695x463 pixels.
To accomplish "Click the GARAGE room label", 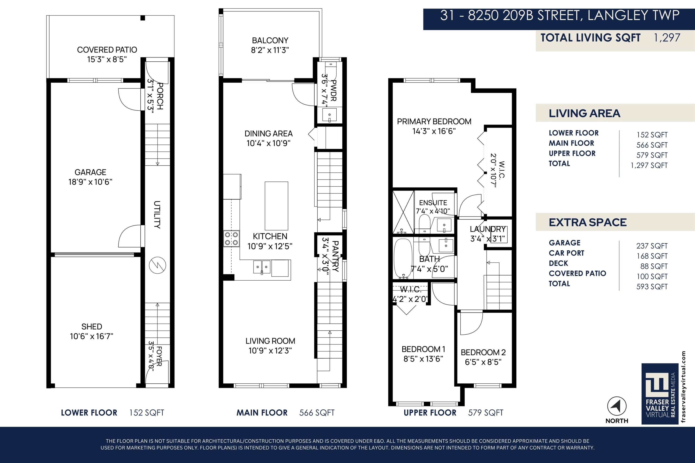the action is tap(90, 172).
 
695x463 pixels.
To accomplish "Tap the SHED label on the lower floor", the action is tap(92, 327).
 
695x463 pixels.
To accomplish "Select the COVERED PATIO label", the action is tap(107, 50).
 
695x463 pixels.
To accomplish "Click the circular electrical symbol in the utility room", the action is tap(158, 265).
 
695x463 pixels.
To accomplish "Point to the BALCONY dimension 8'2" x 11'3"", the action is tap(270, 50).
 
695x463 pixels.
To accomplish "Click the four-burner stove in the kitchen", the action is tap(231, 239).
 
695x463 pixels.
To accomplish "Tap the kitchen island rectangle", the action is tap(276, 206).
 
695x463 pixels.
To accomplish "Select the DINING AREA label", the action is tap(269, 134).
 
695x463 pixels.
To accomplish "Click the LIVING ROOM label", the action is tap(270, 341).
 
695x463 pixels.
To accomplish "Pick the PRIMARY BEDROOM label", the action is tap(434, 121).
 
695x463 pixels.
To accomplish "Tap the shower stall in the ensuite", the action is tap(403, 212).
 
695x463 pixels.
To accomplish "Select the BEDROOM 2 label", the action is tap(483, 352).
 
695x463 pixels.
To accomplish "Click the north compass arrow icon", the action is tap(617, 406).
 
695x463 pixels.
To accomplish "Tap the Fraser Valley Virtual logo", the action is tap(660, 394).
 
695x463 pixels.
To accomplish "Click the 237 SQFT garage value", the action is tap(652, 246).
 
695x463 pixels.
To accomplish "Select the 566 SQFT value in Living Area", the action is tap(652, 145).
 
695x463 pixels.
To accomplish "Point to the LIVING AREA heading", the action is tap(584, 113).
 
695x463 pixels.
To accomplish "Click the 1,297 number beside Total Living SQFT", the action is tap(667, 38).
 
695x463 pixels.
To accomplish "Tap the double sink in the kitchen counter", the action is tap(262, 267).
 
